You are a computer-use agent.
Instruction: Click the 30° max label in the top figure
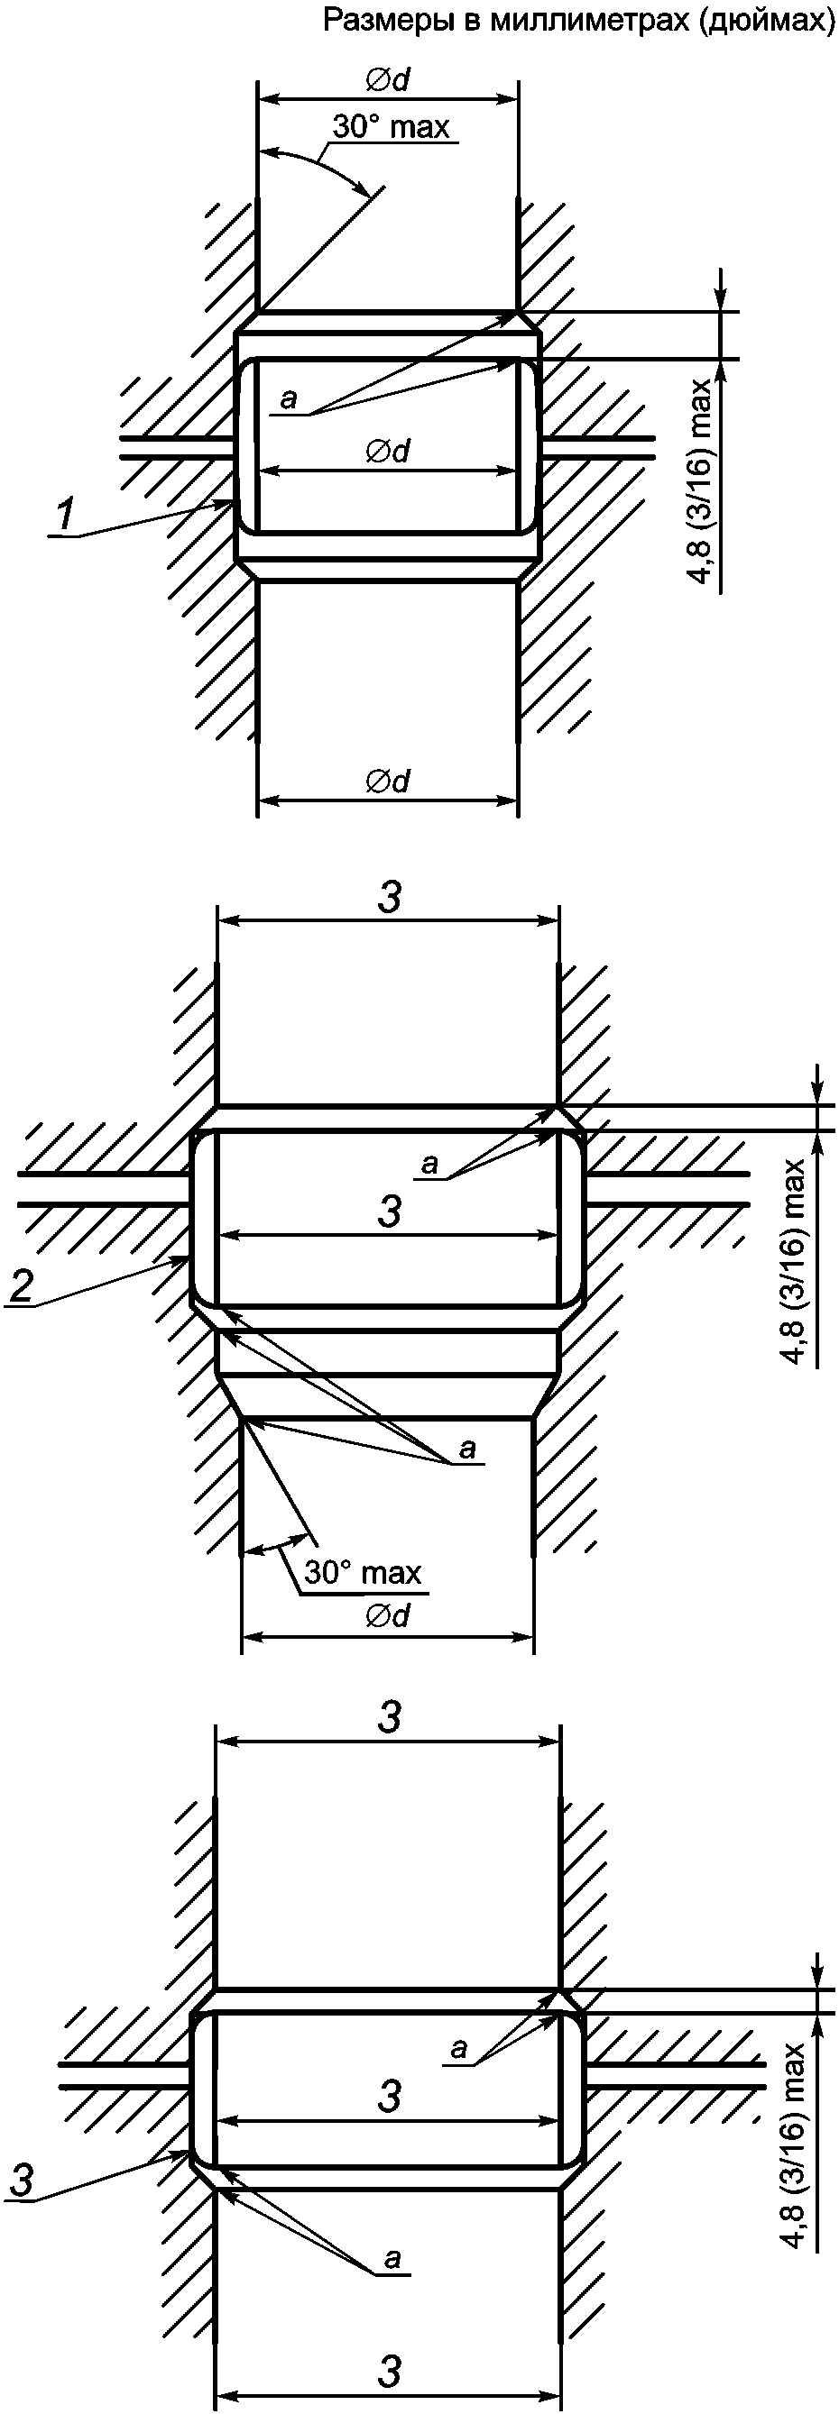391,126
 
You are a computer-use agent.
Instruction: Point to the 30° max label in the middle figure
362,1571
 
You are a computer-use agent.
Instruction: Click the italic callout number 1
65,517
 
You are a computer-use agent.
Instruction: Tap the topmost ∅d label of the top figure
388,81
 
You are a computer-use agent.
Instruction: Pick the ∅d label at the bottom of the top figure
388,781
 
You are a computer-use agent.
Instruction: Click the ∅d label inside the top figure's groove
388,452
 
